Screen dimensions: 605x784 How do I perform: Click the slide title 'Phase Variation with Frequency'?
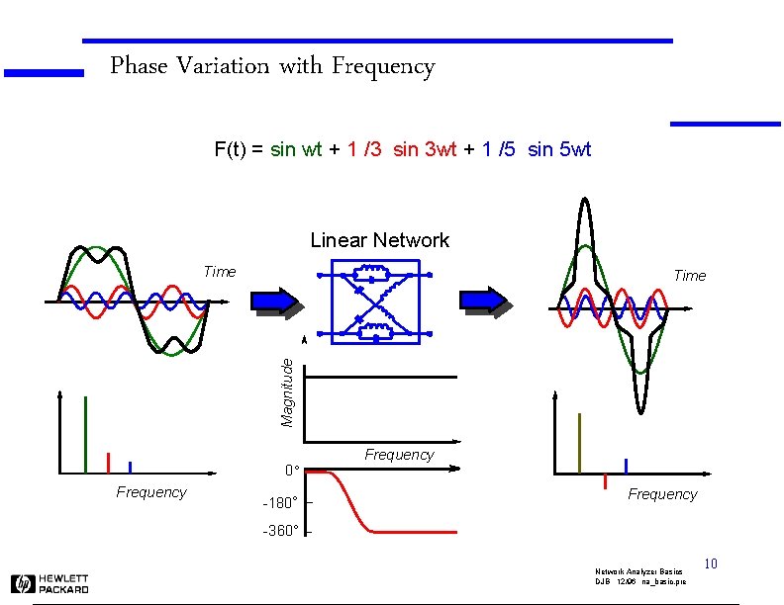[272, 67]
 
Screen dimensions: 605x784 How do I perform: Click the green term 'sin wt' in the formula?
[296, 150]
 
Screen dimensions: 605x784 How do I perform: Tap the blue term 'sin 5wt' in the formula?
[559, 150]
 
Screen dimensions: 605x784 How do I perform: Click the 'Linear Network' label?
[379, 240]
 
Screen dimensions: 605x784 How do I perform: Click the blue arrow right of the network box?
[486, 302]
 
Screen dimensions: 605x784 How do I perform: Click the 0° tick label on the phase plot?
[291, 470]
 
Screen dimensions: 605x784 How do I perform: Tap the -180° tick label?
[280, 502]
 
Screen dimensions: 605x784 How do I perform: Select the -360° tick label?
[280, 532]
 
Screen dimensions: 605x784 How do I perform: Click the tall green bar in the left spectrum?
[86, 435]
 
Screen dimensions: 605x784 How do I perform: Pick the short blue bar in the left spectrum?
[130, 468]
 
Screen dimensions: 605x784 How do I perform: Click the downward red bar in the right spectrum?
[604, 481]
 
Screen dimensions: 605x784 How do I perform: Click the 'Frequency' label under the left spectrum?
[150, 492]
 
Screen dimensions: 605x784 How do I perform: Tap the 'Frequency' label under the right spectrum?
[662, 494]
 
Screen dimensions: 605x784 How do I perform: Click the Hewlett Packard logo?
[50, 583]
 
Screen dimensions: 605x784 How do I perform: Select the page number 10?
[710, 564]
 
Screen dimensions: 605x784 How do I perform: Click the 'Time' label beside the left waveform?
[219, 272]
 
